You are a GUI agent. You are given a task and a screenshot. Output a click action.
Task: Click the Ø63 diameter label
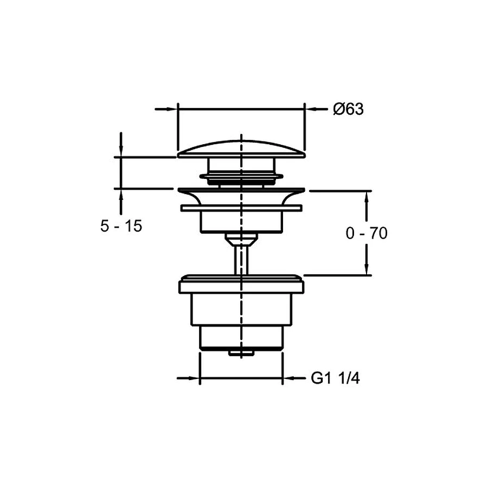point(348,109)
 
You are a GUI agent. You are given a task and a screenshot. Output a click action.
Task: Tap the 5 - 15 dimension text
point(121,226)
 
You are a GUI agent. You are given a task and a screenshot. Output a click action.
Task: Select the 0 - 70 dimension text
point(367,233)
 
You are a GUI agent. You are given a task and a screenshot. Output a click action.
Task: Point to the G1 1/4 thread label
point(335,378)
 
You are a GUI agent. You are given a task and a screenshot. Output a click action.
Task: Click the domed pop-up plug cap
point(241,150)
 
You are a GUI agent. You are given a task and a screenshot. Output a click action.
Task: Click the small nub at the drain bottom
point(241,352)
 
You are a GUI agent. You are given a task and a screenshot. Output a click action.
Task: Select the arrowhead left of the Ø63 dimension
point(171,109)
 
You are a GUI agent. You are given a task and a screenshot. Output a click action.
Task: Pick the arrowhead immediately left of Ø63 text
point(311,109)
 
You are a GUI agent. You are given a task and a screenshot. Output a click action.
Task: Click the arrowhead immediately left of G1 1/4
point(288,378)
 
